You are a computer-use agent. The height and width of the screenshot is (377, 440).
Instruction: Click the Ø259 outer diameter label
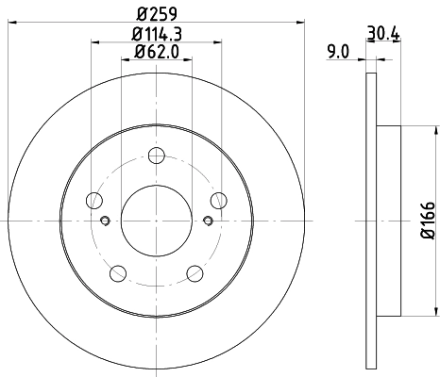click(158, 13)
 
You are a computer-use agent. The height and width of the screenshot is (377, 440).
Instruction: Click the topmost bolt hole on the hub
click(158, 156)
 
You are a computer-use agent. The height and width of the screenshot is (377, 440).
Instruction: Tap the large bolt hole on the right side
click(219, 200)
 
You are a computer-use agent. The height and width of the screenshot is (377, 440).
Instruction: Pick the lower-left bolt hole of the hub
click(119, 273)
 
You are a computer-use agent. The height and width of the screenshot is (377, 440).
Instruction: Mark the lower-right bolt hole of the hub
click(195, 273)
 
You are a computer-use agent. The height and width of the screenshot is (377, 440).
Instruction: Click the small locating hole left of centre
click(106, 221)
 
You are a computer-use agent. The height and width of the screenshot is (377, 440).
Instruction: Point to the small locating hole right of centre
click(209, 221)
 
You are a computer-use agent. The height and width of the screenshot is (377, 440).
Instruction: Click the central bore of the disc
click(158, 221)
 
